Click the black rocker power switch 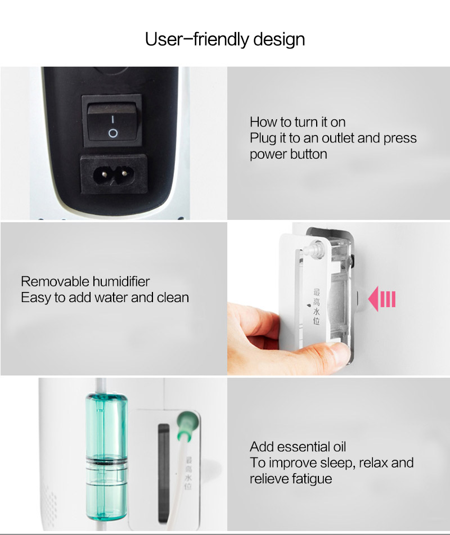coord(112,120)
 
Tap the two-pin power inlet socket coord(114,174)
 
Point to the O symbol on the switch coord(113,133)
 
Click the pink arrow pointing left coord(382,299)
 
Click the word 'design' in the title coord(279,39)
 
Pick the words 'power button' coord(289,154)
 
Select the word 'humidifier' coord(121,281)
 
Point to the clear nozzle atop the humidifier coord(313,248)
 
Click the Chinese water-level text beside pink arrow coord(317,306)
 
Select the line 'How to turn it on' coord(298,122)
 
